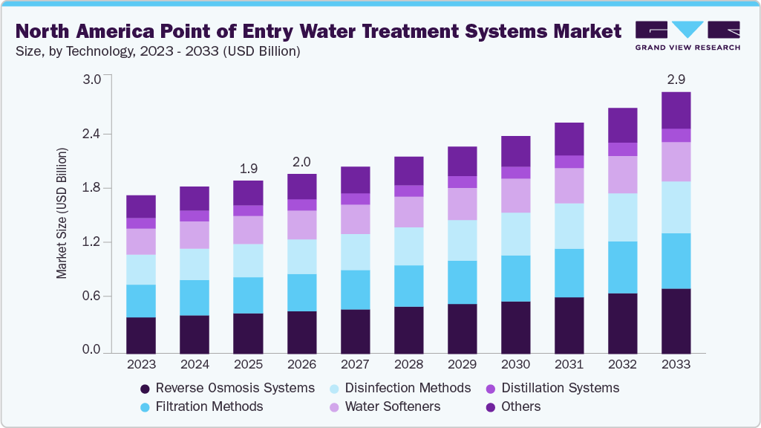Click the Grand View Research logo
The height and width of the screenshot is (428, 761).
pos(687,35)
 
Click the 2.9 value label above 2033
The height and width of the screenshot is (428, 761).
pos(676,78)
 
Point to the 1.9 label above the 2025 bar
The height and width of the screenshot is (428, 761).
pos(248,168)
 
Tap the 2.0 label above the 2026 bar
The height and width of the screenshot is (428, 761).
pos(301,162)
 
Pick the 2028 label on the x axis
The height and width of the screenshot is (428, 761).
pos(408,365)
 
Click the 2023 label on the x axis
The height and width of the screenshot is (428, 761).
pos(141,365)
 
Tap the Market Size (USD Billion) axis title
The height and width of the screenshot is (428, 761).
pos(62,213)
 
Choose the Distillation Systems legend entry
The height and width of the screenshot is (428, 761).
pos(560,388)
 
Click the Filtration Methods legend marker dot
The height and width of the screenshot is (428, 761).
pos(146,406)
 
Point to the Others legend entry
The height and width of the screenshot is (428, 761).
pos(520,406)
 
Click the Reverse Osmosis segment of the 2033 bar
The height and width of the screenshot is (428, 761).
pos(676,320)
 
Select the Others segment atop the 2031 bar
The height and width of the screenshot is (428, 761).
pos(569,139)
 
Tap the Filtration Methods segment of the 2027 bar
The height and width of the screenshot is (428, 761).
pos(355,290)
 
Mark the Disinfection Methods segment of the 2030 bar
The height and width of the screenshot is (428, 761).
pos(515,234)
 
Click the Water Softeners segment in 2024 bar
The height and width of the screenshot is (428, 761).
pos(195,235)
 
